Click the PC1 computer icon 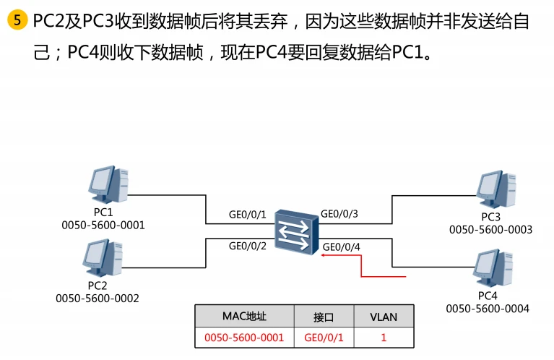point(108,186)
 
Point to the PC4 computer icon point(494,267)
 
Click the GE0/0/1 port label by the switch point(248,215)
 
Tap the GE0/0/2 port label point(248,246)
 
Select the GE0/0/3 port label point(339,214)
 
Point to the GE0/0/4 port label point(342,247)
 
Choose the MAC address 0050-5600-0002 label point(98,298)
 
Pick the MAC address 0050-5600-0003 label point(490,230)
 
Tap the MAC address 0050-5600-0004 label point(488,309)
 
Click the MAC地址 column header point(244,317)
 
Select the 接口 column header point(323,317)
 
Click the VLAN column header point(384,317)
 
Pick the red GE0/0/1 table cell point(323,337)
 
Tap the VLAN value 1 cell point(384,337)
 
